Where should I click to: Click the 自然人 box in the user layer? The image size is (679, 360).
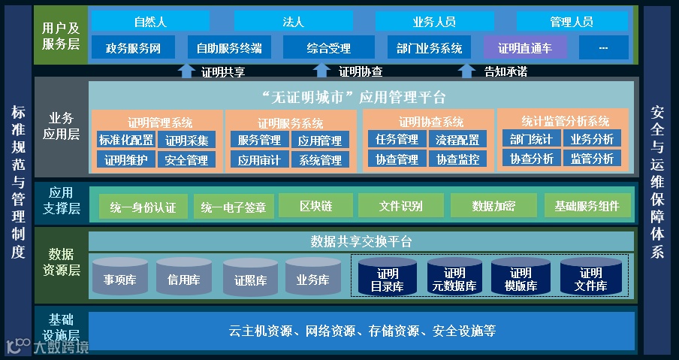(150, 22)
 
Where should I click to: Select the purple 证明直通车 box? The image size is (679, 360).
(525, 48)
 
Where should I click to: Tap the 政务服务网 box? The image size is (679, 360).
(133, 48)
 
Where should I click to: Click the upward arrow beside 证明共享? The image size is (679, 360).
(186, 71)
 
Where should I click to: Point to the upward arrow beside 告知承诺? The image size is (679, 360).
(467, 71)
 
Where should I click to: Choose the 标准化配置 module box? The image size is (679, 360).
(125, 140)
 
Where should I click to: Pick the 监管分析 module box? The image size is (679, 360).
(592, 159)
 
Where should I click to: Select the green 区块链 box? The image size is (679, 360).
(315, 205)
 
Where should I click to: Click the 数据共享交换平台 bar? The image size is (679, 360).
(361, 241)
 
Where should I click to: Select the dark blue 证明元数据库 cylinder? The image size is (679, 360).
(454, 278)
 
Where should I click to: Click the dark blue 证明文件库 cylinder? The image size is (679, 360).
(590, 278)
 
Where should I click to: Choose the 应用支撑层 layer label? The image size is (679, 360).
(61, 201)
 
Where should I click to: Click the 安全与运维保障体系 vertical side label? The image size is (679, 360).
(657, 180)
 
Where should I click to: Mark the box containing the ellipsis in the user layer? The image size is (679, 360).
(604, 48)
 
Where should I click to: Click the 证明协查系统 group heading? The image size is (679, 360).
(431, 122)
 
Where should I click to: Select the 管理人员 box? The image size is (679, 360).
(571, 22)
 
